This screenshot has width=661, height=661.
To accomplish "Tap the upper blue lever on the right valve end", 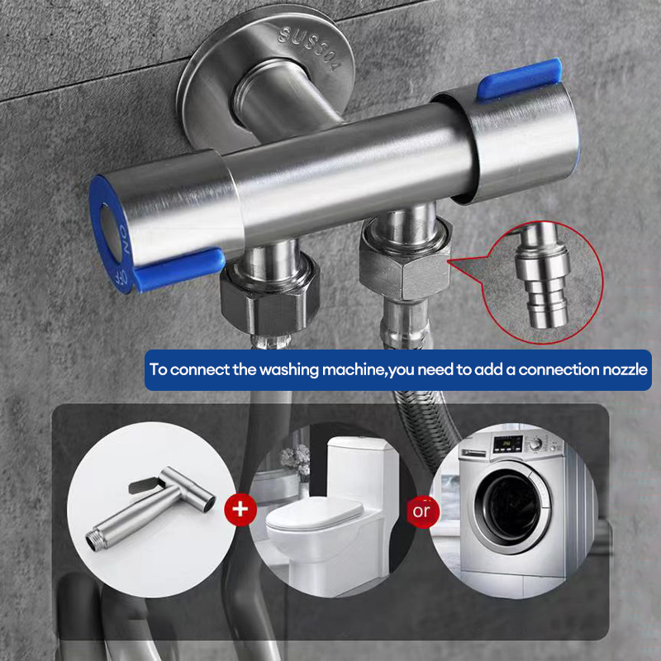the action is pyautogui.click(x=520, y=79).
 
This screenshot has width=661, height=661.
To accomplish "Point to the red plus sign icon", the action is pyautogui.click(x=240, y=509).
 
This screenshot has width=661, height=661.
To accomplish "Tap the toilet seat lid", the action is pyautogui.click(x=315, y=513).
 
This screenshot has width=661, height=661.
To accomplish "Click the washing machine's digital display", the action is pyautogui.click(x=508, y=444).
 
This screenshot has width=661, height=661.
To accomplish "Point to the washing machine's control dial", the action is pyautogui.click(x=535, y=444).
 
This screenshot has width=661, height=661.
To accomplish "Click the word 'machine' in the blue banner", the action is pyautogui.click(x=353, y=369).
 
